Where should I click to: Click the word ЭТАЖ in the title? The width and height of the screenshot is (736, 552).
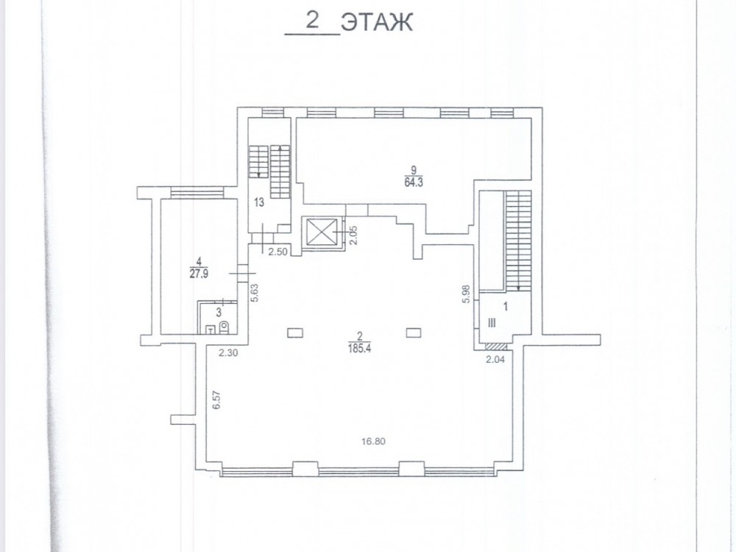(377, 22)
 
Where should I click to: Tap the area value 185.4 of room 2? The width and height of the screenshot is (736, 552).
(360, 349)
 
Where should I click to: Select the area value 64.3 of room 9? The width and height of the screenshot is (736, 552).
(414, 183)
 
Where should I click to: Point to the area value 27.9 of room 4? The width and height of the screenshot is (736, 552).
(199, 274)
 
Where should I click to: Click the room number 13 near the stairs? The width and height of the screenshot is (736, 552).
(258, 203)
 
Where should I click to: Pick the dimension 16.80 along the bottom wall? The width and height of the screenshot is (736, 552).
(373, 441)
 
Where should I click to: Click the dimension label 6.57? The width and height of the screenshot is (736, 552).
(216, 400)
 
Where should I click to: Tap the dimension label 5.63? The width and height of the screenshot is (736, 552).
(255, 293)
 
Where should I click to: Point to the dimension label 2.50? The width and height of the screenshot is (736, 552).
(277, 252)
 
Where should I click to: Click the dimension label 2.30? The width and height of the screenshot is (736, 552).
(228, 353)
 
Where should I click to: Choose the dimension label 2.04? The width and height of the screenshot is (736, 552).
(495, 360)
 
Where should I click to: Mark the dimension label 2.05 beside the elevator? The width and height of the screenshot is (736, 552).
(354, 236)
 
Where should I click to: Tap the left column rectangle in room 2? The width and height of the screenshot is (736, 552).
(295, 333)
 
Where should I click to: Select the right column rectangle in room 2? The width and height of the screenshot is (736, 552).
(413, 333)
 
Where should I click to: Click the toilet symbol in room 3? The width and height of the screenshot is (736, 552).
(224, 328)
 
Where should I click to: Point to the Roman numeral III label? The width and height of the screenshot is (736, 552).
(492, 323)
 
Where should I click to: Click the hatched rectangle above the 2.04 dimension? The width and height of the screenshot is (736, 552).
(495, 347)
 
